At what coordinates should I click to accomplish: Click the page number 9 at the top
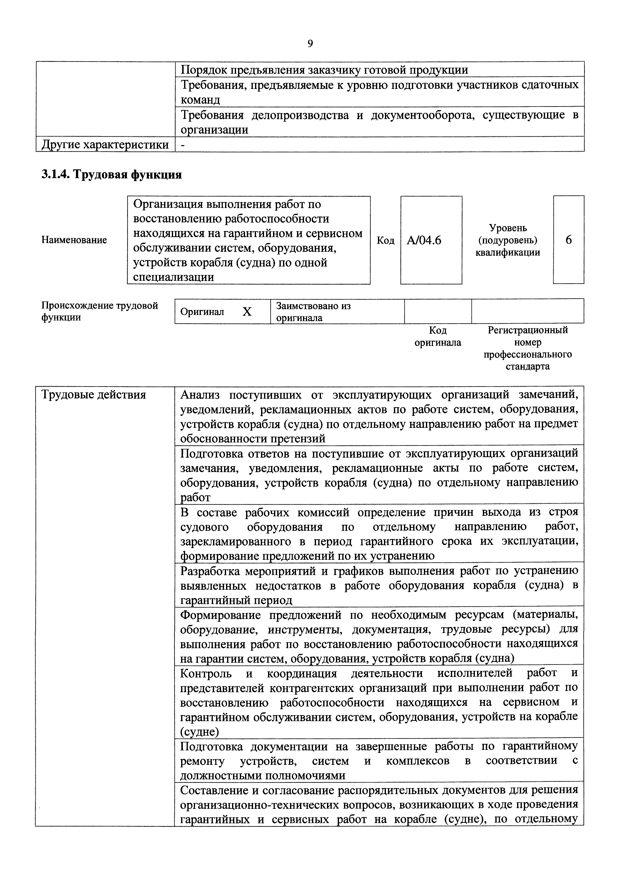click(310, 44)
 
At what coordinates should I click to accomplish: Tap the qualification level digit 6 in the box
click(569, 240)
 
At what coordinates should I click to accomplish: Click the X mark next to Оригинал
click(247, 312)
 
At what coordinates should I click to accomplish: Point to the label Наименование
click(74, 240)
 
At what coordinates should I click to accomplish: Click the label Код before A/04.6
click(385, 240)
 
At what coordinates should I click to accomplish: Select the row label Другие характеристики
click(105, 145)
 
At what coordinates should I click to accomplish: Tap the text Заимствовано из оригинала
click(313, 311)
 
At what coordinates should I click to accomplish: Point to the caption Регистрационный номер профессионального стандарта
click(528, 348)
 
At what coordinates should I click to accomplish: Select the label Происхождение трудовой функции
click(99, 311)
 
